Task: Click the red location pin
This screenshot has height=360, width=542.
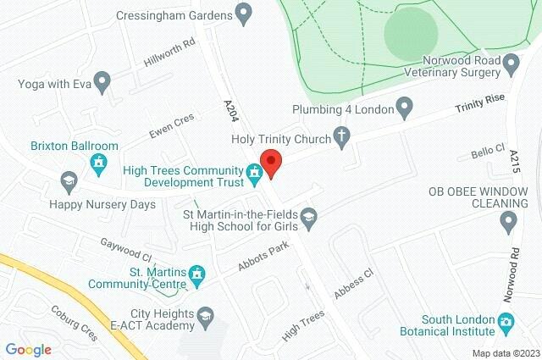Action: tap(271, 162)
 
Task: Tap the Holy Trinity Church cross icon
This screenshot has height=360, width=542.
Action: tap(341, 136)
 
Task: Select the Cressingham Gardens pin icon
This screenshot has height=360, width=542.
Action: tap(244, 13)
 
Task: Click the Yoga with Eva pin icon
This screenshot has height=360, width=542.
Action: tap(102, 83)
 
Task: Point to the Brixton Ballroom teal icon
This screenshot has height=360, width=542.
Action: tap(99, 161)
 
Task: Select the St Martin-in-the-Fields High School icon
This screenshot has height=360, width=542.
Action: tap(309, 217)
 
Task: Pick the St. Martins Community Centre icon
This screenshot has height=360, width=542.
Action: tap(198, 274)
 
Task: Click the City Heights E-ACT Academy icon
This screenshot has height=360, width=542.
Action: tap(204, 318)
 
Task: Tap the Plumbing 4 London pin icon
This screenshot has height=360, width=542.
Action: tap(404, 108)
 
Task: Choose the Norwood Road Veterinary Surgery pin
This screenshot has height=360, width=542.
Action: tap(510, 64)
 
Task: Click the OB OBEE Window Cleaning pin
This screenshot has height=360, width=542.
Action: tap(508, 223)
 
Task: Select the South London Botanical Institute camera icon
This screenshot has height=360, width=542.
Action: tap(506, 322)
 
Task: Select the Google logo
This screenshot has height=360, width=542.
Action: tap(28, 349)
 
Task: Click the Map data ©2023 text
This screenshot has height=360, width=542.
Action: tap(505, 353)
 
